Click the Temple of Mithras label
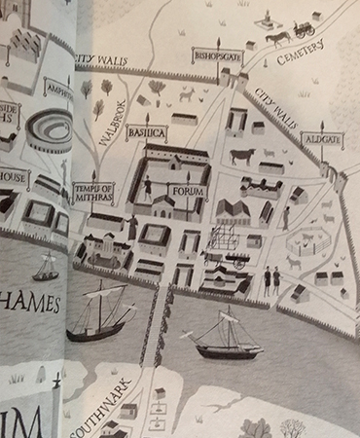pos(93,195)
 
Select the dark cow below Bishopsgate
pos(241,154)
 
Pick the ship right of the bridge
pos(227,336)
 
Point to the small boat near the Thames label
pos(46,266)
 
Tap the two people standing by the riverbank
pos(270,280)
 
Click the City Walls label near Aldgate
pos(277,109)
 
